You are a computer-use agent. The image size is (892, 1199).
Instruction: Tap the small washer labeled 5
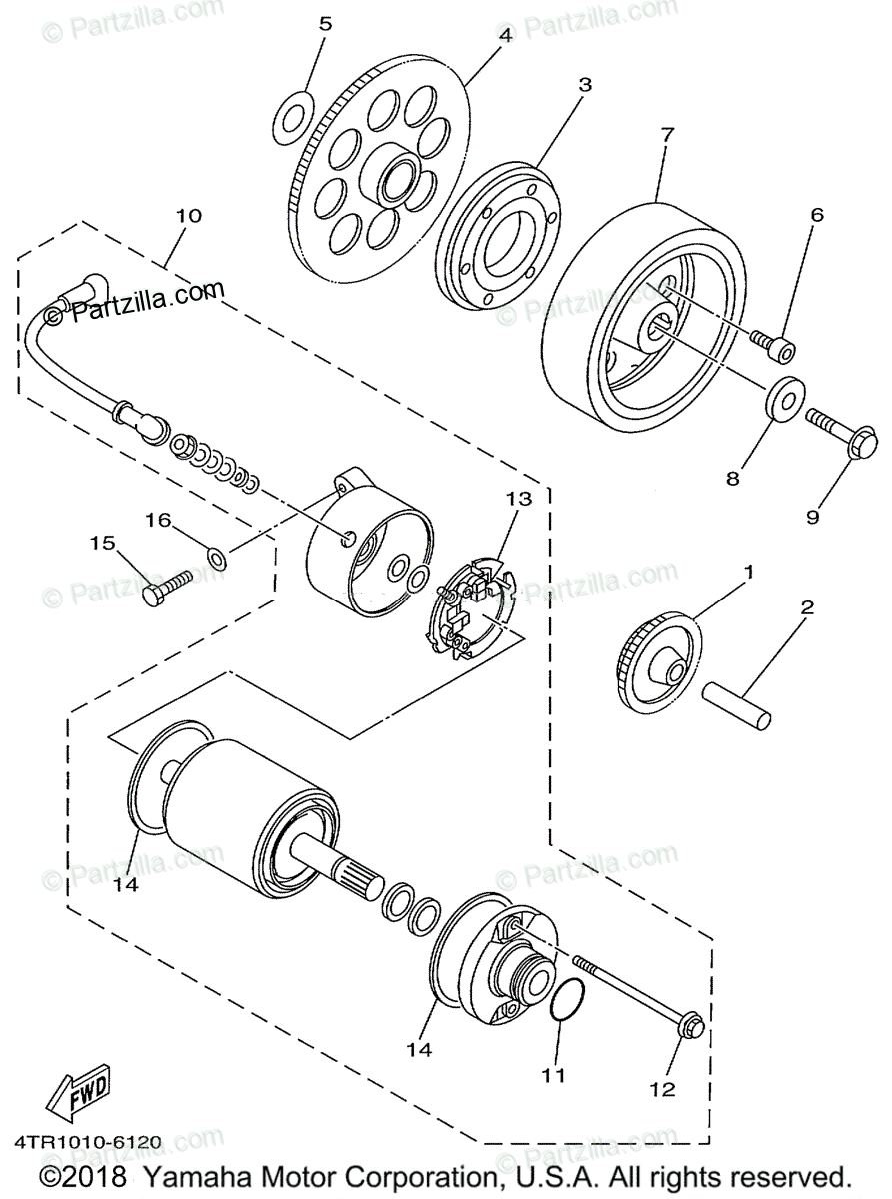pyautogui.click(x=291, y=115)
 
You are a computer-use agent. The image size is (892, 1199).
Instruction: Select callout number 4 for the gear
pyautogui.click(x=505, y=35)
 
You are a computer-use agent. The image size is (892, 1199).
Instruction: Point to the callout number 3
pyautogui.click(x=585, y=85)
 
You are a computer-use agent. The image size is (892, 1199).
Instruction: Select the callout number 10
pyautogui.click(x=189, y=215)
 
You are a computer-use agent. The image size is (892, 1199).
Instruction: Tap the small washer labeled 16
pyautogui.click(x=216, y=556)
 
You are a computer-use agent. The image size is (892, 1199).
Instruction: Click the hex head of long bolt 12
pyautogui.click(x=691, y=1026)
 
